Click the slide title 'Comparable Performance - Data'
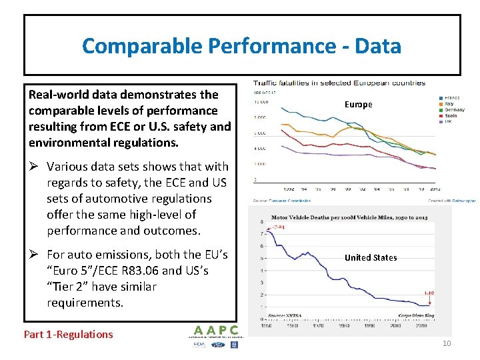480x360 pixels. point(241,46)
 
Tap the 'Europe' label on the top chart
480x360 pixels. point(358,105)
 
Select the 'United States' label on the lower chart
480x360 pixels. point(371,257)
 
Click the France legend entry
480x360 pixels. point(450,98)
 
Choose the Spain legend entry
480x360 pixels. point(450,115)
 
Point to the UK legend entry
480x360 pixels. point(447,121)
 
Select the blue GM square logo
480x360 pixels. point(234,345)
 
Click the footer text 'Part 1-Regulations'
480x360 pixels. point(68,335)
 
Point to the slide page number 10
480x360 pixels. point(446,343)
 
